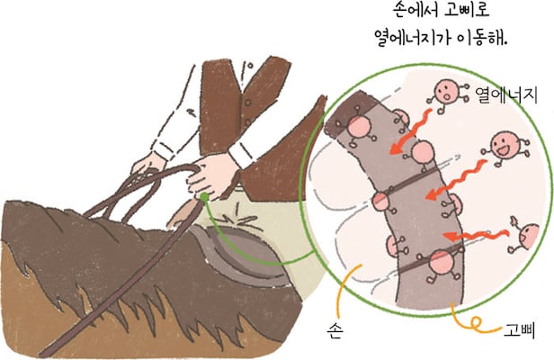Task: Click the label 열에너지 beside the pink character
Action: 506,94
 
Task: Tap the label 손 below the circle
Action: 334,331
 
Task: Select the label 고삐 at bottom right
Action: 519,331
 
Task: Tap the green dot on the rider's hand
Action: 204,196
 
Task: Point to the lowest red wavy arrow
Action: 475,235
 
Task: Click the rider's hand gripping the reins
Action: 210,175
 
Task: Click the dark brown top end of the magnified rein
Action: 349,112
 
